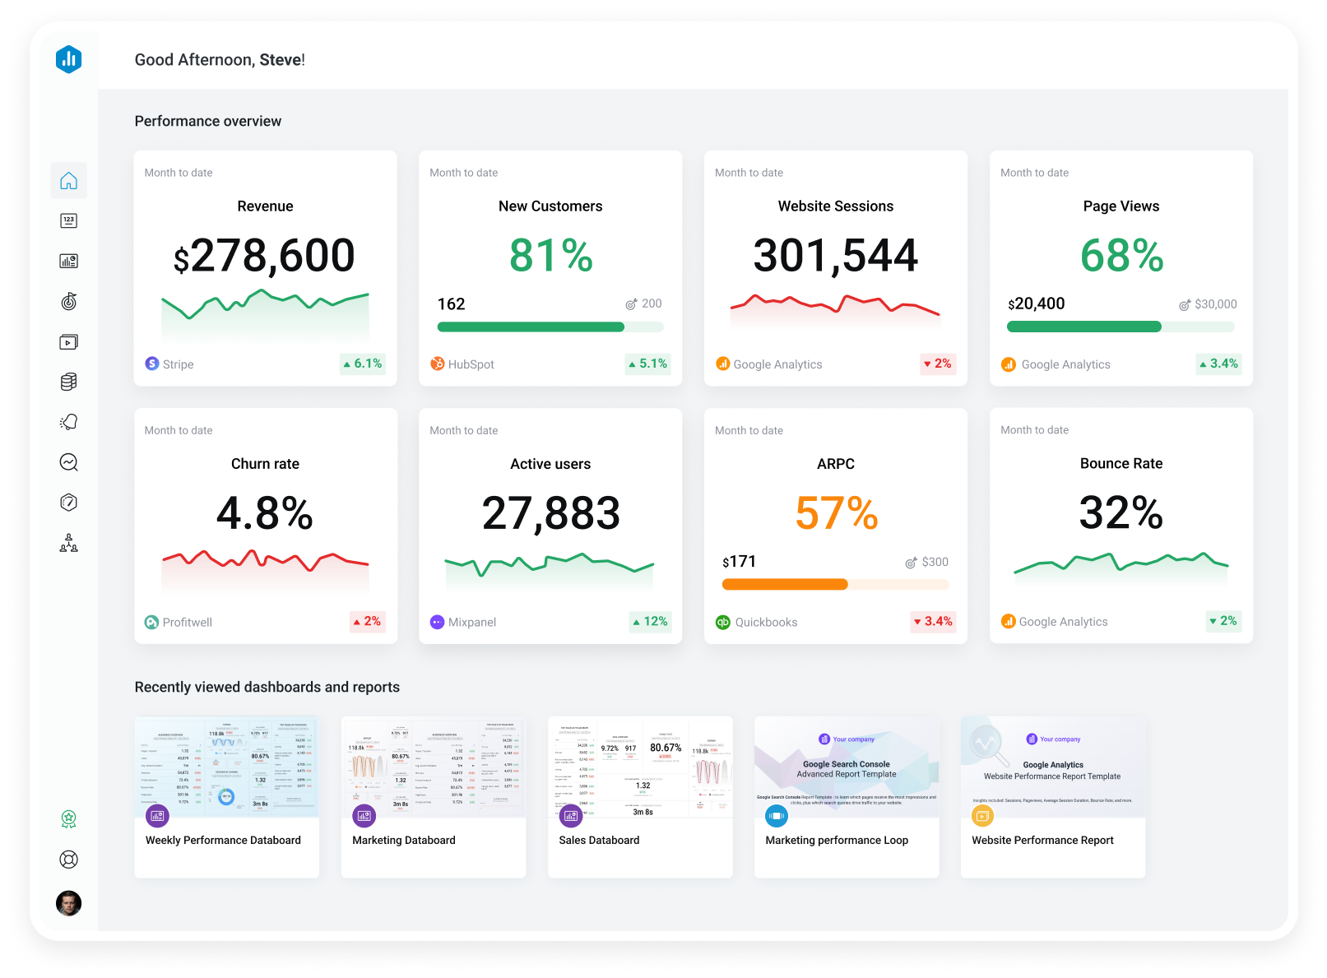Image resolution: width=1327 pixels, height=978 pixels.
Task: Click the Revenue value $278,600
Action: pyautogui.click(x=265, y=256)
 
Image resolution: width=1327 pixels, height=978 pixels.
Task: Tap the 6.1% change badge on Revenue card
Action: pyautogui.click(x=363, y=364)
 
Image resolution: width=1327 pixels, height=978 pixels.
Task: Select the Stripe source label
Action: pyautogui.click(x=178, y=364)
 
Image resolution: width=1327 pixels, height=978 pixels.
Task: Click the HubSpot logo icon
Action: pyautogui.click(x=438, y=364)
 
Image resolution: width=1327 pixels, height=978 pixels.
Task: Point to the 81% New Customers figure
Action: pyautogui.click(x=550, y=256)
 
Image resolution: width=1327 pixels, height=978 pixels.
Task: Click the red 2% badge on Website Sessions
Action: pyautogui.click(x=937, y=364)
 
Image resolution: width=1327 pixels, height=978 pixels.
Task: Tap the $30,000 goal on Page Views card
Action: pyautogui.click(x=1215, y=304)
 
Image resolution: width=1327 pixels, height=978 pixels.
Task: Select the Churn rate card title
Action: pyautogui.click(x=265, y=464)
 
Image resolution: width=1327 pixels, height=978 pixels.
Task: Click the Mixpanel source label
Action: pyautogui.click(x=471, y=623)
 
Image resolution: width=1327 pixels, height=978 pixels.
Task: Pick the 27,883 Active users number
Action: pyautogui.click(x=550, y=513)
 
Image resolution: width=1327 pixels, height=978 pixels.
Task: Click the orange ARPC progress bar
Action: pyautogui.click(x=784, y=585)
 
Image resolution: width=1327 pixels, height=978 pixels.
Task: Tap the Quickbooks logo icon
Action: pyautogui.click(x=723, y=623)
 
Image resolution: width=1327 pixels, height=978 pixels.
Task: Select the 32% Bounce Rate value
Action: pyautogui.click(x=1121, y=513)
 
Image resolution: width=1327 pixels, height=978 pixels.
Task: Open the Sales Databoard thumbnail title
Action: pyautogui.click(x=599, y=840)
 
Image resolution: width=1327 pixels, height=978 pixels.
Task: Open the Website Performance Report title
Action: pyautogui.click(x=1042, y=840)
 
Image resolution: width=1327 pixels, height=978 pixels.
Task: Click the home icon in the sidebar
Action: pyautogui.click(x=68, y=181)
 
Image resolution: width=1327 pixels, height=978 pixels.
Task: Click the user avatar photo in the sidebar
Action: pyautogui.click(x=68, y=903)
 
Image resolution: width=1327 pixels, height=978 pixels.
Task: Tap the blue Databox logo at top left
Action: pyautogui.click(x=68, y=59)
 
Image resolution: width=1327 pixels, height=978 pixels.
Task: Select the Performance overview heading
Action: pyautogui.click(x=208, y=121)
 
